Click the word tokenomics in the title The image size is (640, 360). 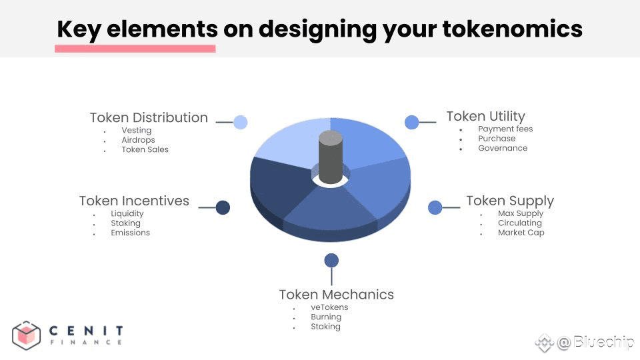(512, 29)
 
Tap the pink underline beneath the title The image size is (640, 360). (135, 49)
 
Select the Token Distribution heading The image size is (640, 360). (149, 117)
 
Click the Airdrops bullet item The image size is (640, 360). (138, 140)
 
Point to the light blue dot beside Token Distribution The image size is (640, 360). (241, 122)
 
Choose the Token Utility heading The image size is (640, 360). (486, 116)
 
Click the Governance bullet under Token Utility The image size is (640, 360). (503, 148)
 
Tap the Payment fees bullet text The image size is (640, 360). (505, 129)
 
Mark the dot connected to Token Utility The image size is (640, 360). (412, 122)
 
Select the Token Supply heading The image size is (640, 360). (510, 201)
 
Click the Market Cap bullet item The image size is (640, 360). (521, 233)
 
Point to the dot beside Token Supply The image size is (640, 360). (435, 207)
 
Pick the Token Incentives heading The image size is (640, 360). (134, 201)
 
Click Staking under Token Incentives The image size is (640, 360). (125, 223)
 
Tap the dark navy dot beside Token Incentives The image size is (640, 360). (223, 207)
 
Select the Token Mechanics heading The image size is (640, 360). (336, 295)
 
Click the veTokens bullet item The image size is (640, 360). (329, 307)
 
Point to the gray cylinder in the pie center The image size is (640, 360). (330, 157)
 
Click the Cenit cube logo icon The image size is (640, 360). (26, 335)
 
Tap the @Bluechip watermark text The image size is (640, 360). (595, 342)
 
